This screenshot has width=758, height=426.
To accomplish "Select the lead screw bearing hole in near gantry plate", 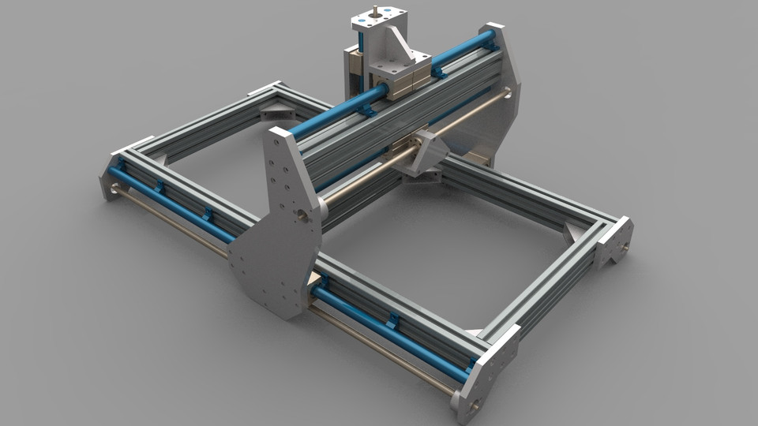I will pyautogui.click(x=300, y=214).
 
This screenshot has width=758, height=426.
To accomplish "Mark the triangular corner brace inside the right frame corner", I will pyautogui.click(x=575, y=231).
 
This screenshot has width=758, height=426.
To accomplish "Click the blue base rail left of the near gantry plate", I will pyautogui.click(x=174, y=204).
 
